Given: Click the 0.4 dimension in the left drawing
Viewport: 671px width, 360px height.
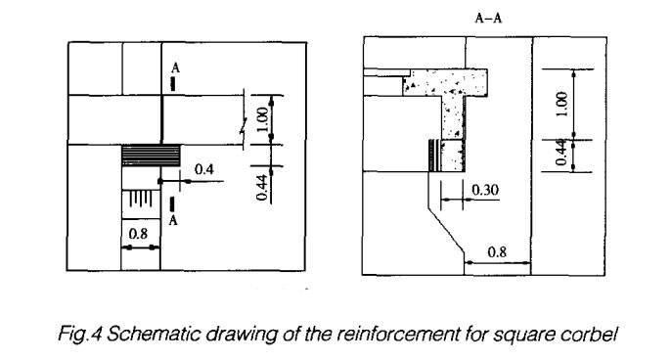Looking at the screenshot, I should point(204,169).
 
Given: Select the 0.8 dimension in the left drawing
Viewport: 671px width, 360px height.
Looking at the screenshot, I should point(139,235).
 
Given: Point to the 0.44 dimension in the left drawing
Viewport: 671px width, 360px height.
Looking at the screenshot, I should point(262,183).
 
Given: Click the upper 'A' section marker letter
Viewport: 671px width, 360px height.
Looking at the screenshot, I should point(174,67).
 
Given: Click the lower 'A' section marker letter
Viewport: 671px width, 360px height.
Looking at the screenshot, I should point(174,220).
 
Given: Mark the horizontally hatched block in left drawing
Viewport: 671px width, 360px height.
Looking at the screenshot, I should point(151,155).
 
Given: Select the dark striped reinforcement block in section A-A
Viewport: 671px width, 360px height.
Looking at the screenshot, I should point(432,156).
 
